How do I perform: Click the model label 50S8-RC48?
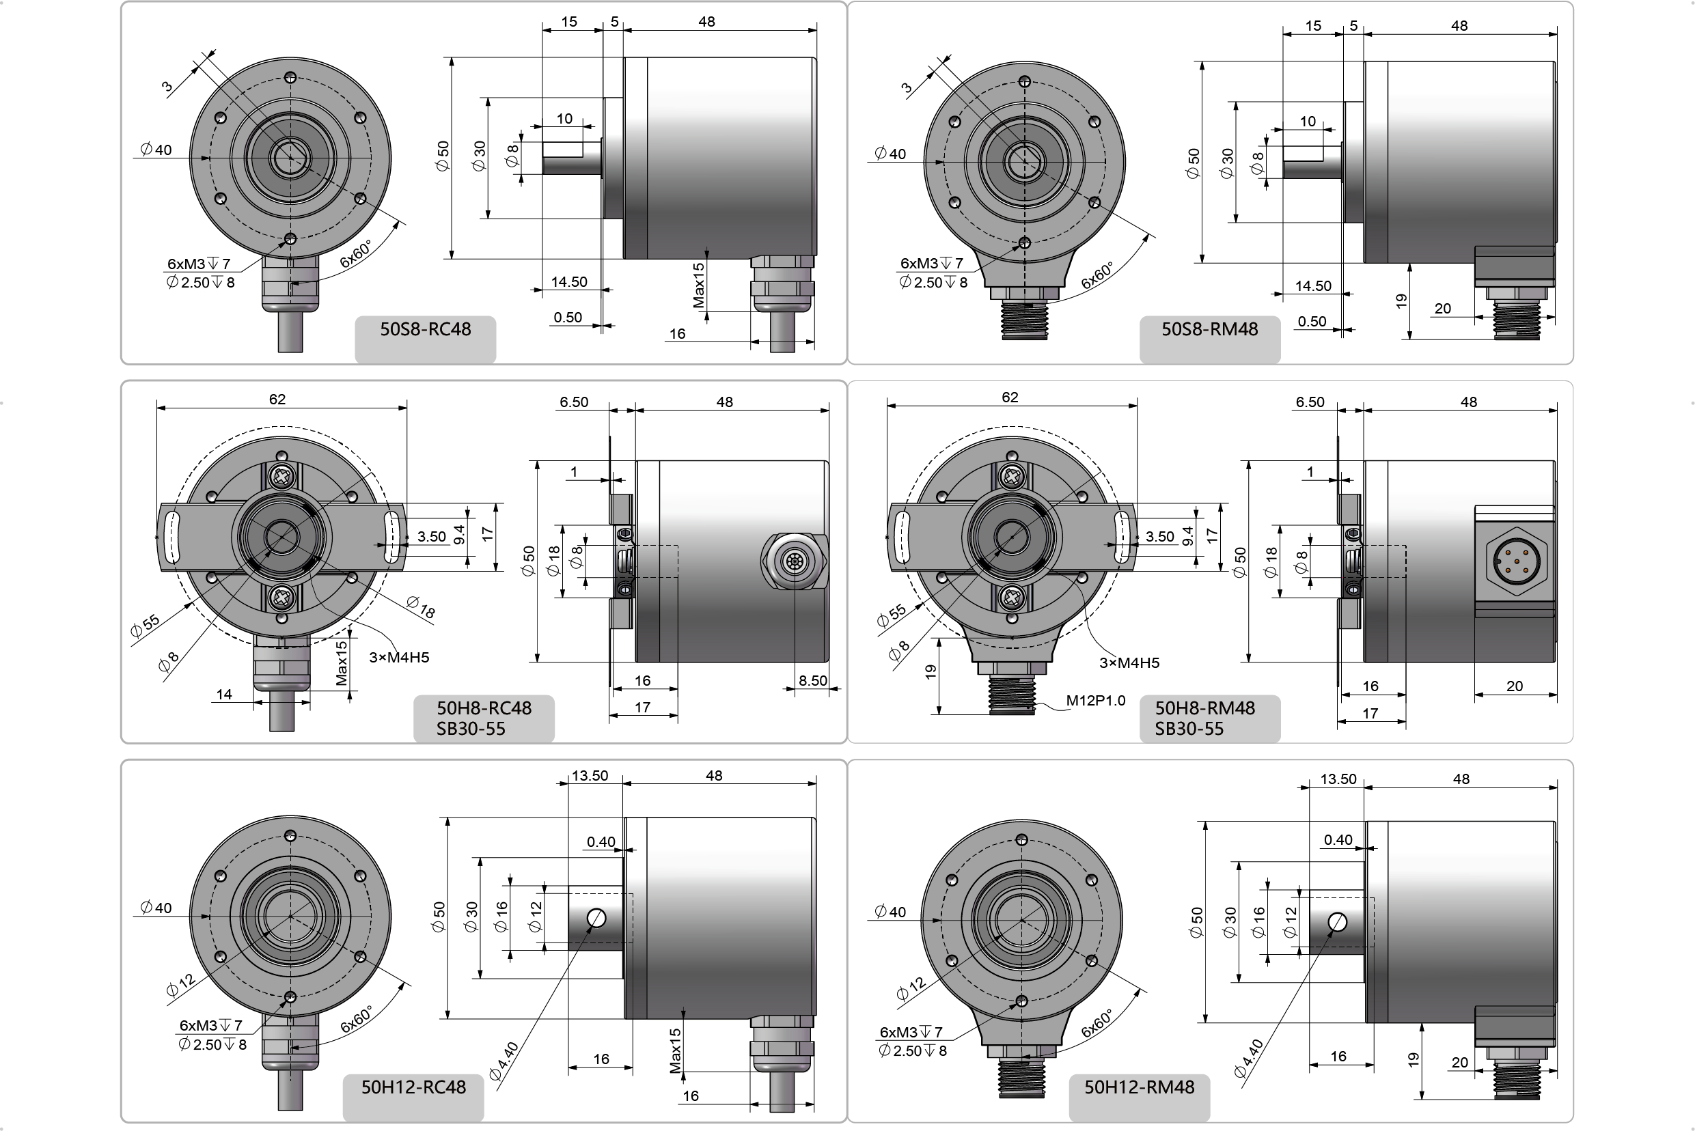425,330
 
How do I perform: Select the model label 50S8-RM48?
1209,330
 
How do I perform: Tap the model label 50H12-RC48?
413,1087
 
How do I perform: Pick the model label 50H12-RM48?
1140,1087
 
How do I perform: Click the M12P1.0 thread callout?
1095,700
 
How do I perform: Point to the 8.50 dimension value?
812,680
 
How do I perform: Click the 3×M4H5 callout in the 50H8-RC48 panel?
399,657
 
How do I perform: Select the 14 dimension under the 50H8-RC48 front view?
223,694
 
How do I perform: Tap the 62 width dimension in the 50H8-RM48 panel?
1010,397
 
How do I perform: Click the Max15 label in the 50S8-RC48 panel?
698,285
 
